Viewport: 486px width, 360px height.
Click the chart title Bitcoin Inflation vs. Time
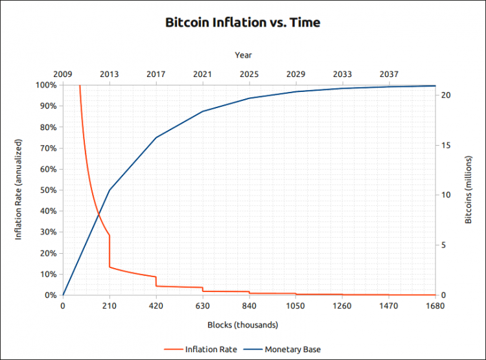coord(243,23)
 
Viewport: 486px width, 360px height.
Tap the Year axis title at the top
coord(244,56)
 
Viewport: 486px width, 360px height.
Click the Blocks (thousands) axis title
coord(243,324)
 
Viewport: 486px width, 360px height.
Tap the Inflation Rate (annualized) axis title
coord(19,190)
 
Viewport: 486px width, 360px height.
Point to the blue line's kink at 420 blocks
coord(156,137)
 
